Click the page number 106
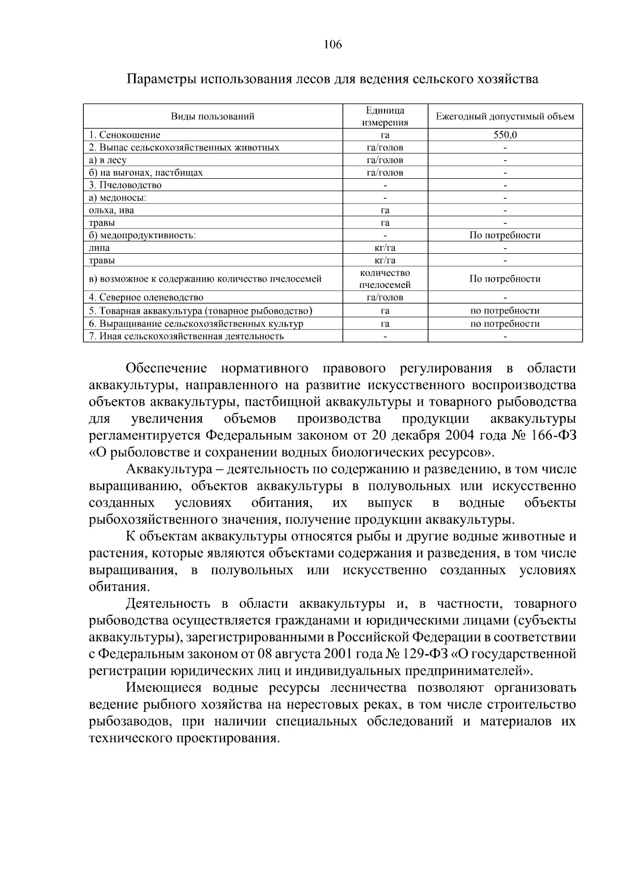click(x=333, y=45)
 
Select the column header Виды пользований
click(x=213, y=116)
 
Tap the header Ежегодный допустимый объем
click(x=505, y=116)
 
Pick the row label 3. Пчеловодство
click(x=125, y=185)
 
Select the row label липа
click(x=99, y=248)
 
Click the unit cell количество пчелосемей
click(x=385, y=279)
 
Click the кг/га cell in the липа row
click(x=385, y=248)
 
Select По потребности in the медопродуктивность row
click(x=505, y=235)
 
